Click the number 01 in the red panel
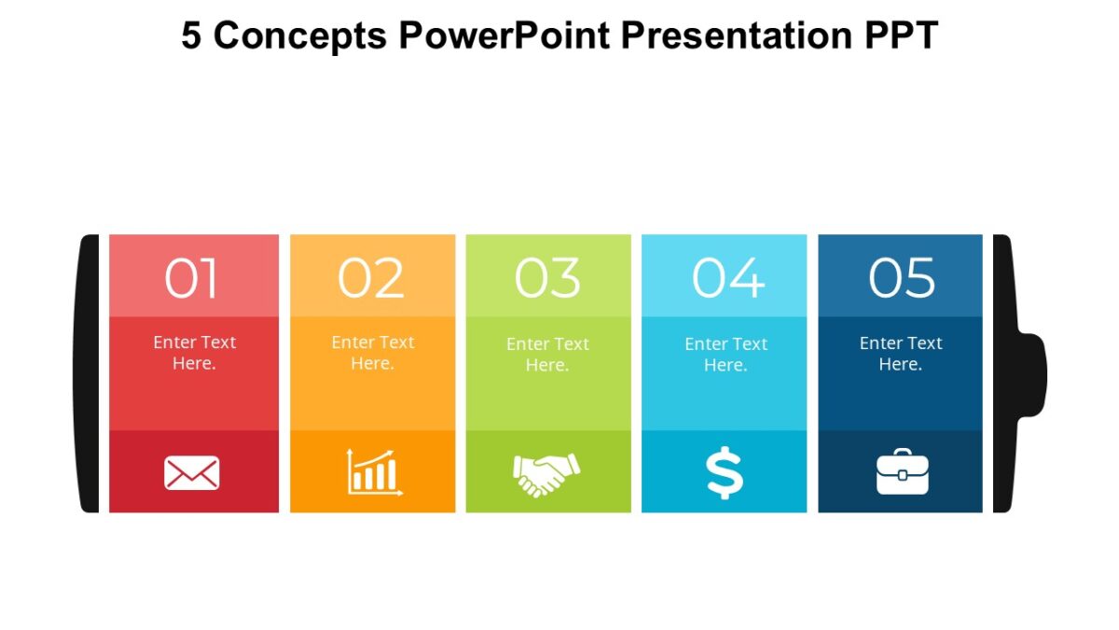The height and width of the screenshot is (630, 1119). tap(192, 278)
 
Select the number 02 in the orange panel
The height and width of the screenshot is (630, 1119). tap(371, 278)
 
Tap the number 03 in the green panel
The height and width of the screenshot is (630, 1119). tap(547, 278)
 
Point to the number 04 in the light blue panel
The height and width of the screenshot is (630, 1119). tap(727, 278)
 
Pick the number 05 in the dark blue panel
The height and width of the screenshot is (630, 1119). tap(902, 278)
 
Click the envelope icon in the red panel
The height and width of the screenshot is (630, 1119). tap(192, 473)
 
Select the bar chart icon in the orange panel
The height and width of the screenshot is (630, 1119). tap(374, 472)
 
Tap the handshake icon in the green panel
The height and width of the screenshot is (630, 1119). tap(546, 473)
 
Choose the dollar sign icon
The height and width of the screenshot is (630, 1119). tap(725, 472)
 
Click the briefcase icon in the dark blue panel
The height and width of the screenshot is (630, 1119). tap(902, 472)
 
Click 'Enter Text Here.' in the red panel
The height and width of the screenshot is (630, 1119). tap(194, 353)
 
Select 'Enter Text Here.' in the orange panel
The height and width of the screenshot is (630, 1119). tap(372, 353)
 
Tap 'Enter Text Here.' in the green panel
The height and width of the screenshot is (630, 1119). tap(547, 355)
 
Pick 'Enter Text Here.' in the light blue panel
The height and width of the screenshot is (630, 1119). tap(725, 355)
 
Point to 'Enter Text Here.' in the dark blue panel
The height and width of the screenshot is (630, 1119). tap(901, 354)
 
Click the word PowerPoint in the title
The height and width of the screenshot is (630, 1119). tap(504, 35)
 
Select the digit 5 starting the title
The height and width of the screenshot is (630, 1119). tap(190, 35)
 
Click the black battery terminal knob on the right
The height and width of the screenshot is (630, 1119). tap(1031, 373)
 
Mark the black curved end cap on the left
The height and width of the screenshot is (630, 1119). tap(89, 373)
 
